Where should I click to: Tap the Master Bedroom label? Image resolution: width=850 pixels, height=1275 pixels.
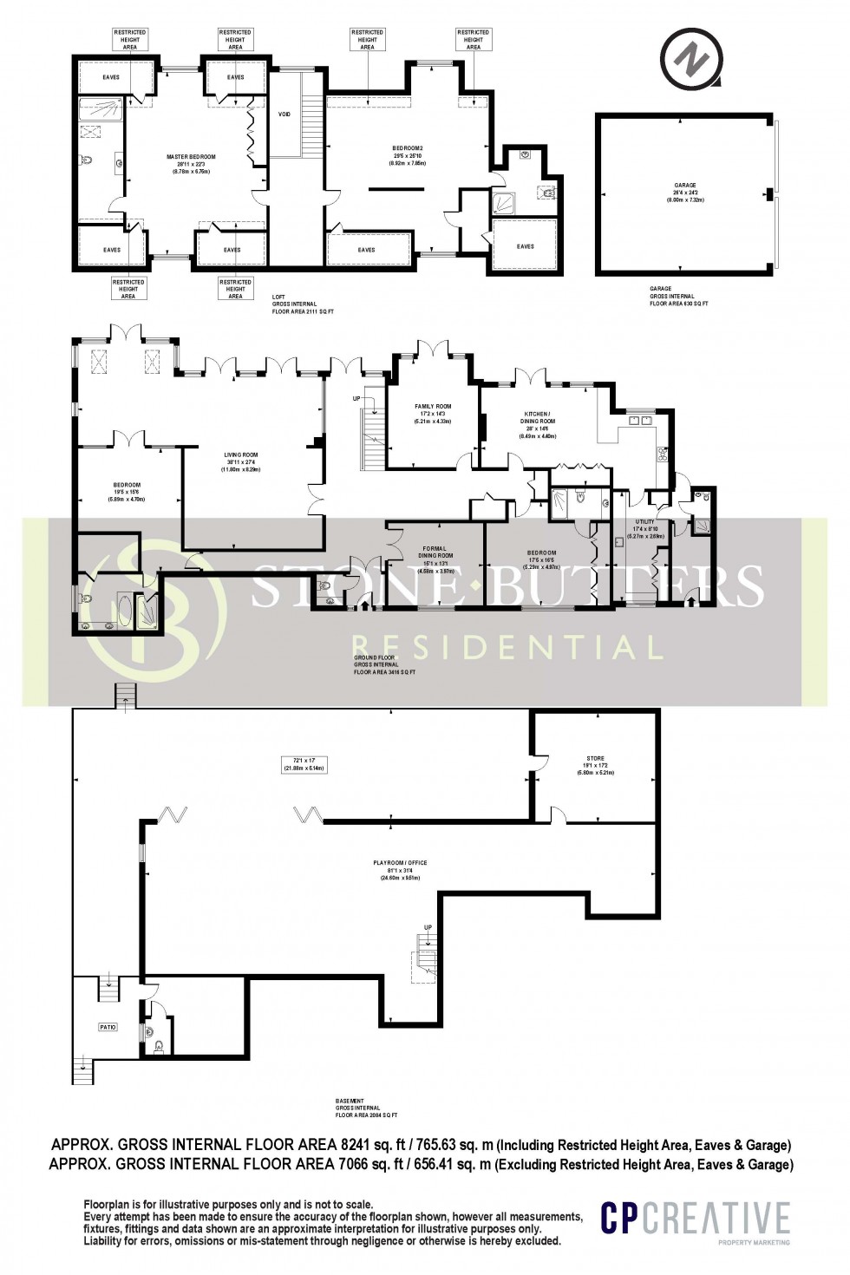point(191,157)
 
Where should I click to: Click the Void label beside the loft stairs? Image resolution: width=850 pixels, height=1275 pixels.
point(284,114)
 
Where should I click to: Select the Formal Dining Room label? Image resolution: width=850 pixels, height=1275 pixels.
point(434,552)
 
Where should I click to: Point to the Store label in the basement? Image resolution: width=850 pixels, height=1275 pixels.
point(595,758)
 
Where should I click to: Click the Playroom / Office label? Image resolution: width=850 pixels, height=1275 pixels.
point(400,863)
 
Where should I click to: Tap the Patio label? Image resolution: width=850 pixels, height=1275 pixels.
point(107,1027)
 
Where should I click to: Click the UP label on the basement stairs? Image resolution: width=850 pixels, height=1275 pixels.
point(428,928)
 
